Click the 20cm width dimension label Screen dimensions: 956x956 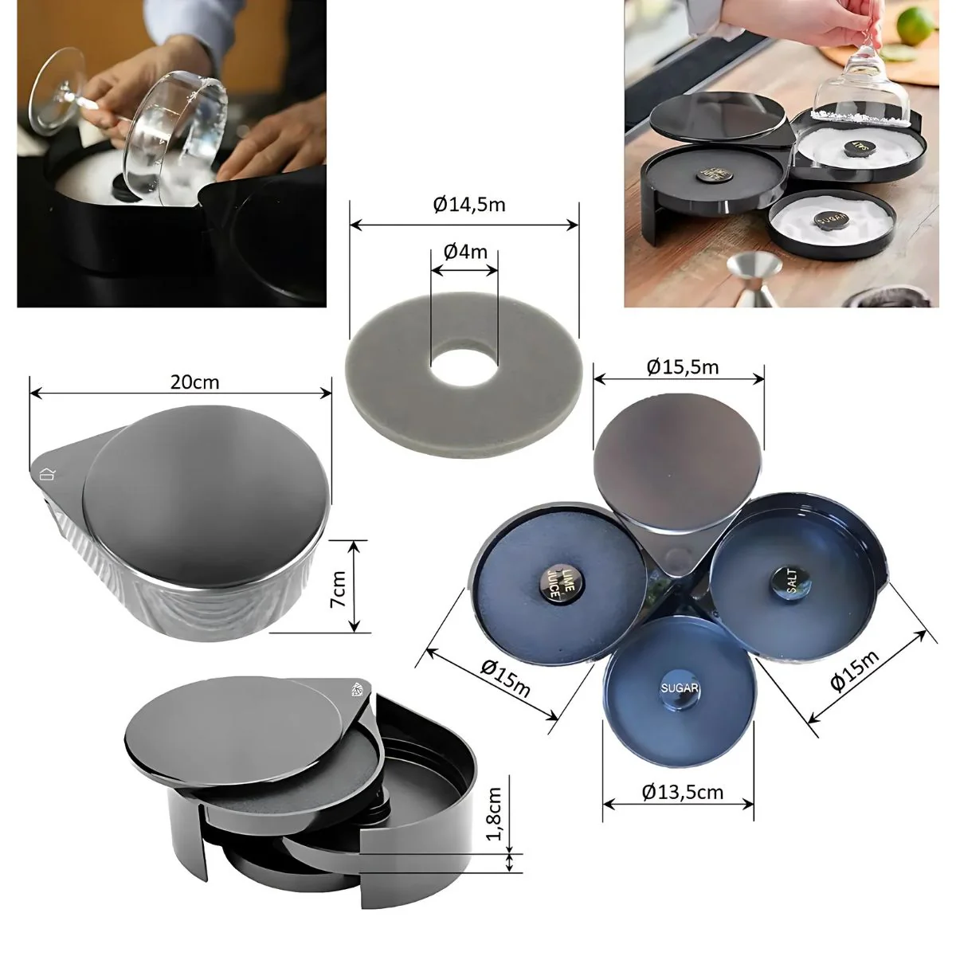194,382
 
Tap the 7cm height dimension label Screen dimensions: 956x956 339,588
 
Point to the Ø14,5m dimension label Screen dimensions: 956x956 469,205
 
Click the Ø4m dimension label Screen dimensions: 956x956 465,252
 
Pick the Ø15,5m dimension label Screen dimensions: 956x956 683,366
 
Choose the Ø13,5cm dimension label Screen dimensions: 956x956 682,792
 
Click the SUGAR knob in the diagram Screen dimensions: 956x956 680,691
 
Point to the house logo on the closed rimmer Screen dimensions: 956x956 47,474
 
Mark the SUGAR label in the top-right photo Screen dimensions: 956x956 830,219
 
